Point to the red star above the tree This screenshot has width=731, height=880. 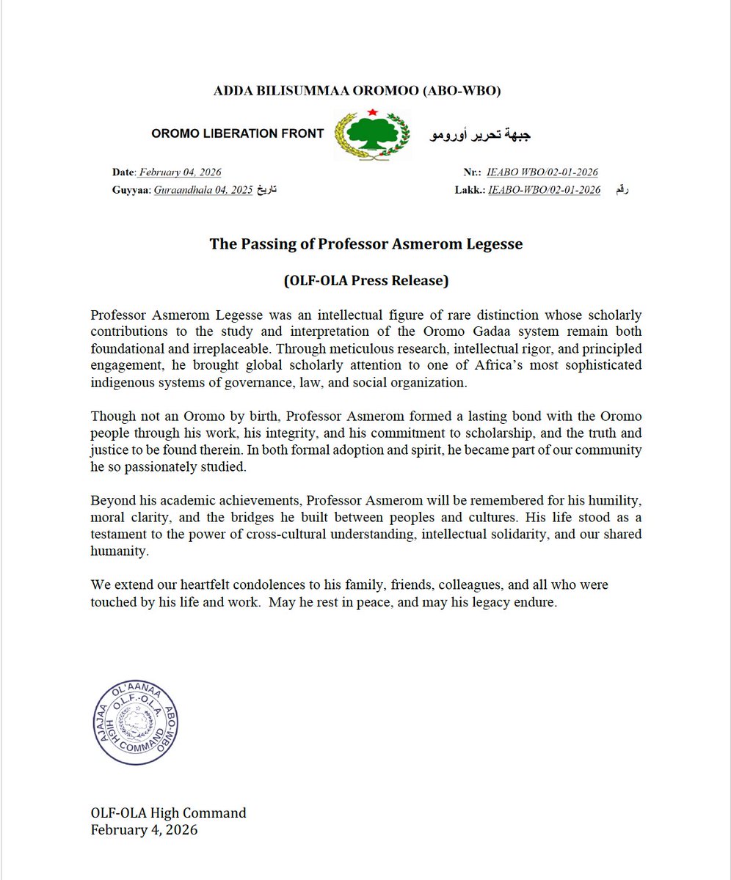(373, 112)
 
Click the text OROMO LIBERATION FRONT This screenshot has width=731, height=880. (237, 133)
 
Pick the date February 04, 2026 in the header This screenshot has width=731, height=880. (180, 172)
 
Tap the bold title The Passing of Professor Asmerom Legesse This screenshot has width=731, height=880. (366, 244)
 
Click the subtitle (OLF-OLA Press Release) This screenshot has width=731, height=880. (366, 280)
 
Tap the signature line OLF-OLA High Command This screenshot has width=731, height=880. (169, 813)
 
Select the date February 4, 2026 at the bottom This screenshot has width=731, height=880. (144, 830)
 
